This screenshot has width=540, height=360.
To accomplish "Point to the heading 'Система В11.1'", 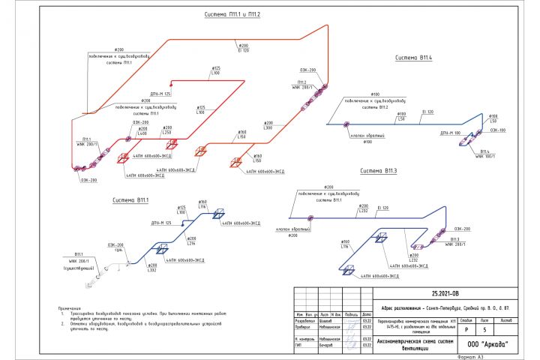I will point(130,200).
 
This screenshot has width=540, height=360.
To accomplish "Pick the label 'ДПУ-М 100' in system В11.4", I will point(451,133).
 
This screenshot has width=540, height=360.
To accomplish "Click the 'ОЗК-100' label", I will point(498,130).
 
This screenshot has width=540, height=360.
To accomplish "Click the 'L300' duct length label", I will point(268,128).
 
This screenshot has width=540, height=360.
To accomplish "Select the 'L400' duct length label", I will point(142,133).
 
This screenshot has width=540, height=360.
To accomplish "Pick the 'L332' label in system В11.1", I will point(152,270).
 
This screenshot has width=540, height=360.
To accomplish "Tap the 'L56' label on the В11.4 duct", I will point(402,118).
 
